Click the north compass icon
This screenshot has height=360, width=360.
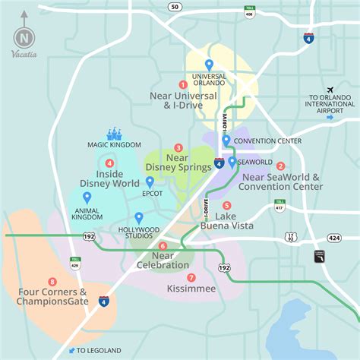coord(24,37)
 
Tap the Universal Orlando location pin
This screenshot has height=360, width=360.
coord(209,65)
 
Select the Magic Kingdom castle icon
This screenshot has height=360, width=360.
coord(115,134)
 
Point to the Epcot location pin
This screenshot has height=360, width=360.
coord(150,182)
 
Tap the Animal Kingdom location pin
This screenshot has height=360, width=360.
coord(87,197)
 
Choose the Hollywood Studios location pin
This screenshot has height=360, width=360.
coord(138,218)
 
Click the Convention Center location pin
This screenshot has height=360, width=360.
coord(226,141)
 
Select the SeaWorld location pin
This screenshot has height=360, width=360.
coord(232,162)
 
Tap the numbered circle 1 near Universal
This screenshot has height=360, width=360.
coord(182,84)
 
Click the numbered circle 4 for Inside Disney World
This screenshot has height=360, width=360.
coord(110,163)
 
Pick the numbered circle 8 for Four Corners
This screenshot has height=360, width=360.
coord(52,281)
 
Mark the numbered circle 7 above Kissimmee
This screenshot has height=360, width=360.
coord(191,277)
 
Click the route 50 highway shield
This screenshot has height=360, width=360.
coord(175,7)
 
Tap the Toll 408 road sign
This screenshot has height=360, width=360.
coord(249,11)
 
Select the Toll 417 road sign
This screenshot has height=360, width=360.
coord(279,205)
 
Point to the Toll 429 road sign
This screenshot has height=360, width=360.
coord(75,263)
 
